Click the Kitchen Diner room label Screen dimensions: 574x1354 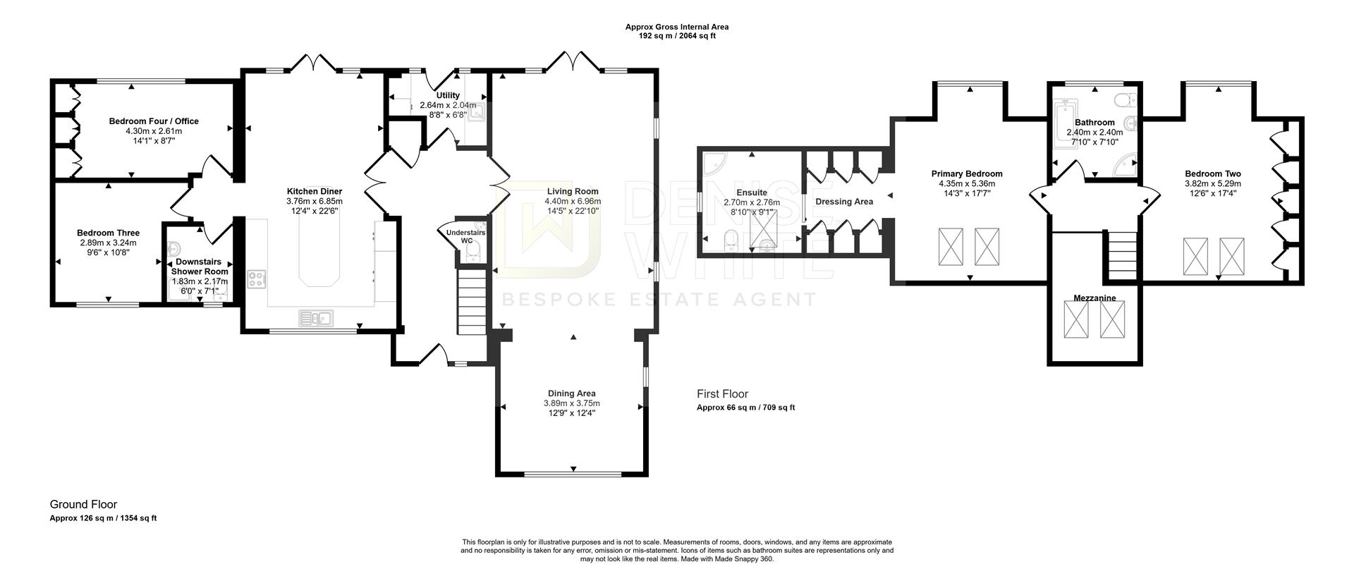point(314,191)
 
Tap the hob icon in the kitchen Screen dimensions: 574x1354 point(257,279)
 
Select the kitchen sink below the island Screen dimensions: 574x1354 point(316,319)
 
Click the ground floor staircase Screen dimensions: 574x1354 point(472,305)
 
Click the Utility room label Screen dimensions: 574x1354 point(448,95)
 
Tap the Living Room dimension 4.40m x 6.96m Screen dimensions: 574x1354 point(573,201)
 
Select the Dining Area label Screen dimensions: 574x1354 point(571,393)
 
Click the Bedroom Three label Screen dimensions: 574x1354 point(108,233)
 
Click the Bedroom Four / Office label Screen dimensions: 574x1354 point(154,121)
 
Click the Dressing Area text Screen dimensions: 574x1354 point(843,202)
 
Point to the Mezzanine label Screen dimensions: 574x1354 point(1094,298)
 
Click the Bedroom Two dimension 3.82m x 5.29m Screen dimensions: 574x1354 point(1212,183)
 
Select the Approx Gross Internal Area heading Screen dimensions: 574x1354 point(676,27)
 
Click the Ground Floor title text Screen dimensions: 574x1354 point(83,504)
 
